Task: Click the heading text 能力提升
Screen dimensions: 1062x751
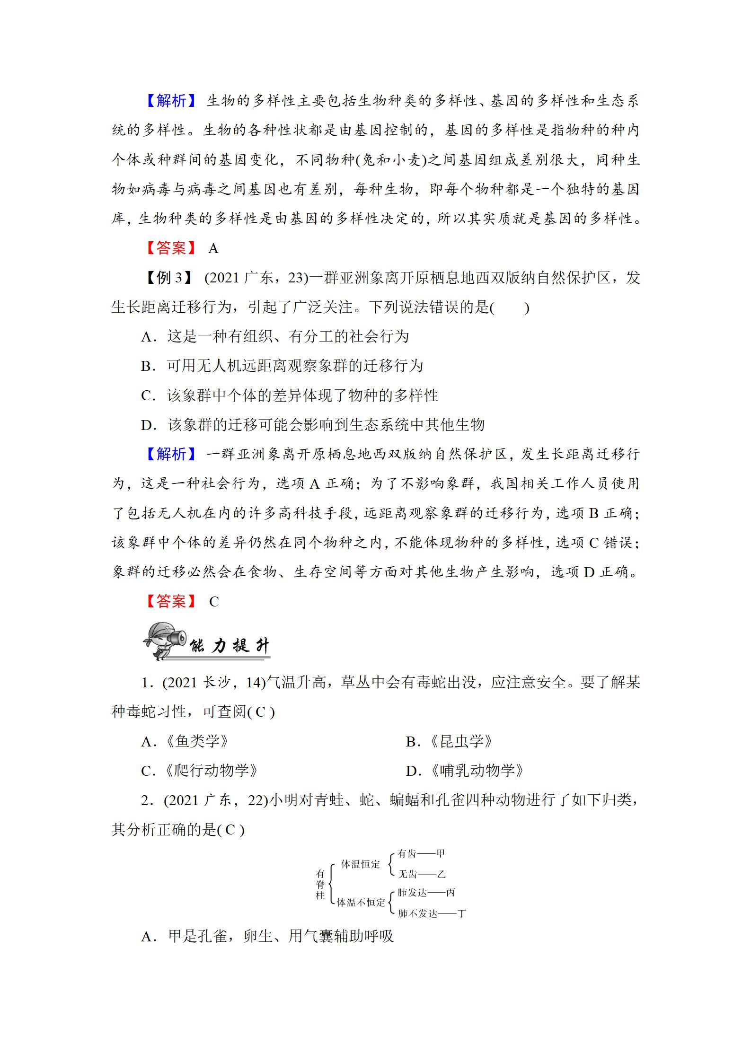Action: point(229,646)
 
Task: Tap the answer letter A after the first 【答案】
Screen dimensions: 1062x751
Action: point(213,249)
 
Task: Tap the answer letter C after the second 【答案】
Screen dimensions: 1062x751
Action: point(214,602)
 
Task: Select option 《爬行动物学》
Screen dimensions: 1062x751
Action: point(211,771)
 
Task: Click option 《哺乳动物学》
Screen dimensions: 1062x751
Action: point(477,771)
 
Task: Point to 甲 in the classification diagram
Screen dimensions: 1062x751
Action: point(441,853)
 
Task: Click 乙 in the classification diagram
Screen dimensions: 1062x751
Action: point(441,874)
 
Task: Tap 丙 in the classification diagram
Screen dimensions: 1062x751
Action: point(451,893)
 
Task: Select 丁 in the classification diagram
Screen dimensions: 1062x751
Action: point(461,913)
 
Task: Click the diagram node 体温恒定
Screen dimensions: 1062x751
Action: point(361,864)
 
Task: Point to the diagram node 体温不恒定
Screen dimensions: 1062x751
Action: point(361,903)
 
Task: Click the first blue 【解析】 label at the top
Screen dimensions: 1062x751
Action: point(170,101)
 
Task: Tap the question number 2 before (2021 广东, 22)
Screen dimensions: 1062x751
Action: point(146,800)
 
